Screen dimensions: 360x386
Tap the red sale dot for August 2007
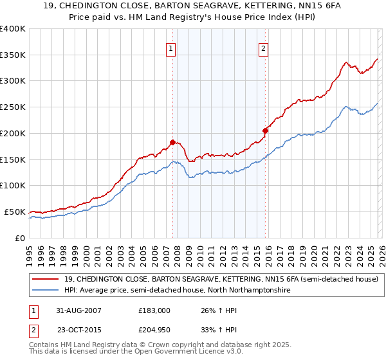172,142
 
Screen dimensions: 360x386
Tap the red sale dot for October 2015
265,130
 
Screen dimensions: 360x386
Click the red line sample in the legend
47,280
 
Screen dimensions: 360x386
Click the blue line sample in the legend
47,291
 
